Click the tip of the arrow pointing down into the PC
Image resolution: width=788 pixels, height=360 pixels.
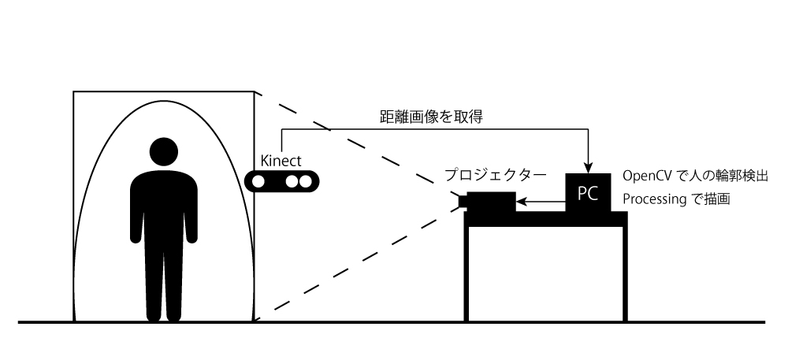tap(588, 173)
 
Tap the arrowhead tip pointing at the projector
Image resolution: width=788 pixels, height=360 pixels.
tap(517, 202)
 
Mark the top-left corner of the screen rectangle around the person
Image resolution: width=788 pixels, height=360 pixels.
tap(73, 91)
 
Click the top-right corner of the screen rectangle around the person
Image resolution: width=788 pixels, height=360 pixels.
tap(255, 91)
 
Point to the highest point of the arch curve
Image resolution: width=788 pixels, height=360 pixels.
tap(164, 101)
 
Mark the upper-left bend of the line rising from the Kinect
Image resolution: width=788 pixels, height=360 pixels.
tap(281, 129)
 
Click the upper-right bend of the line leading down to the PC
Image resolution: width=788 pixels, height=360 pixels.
tap(588, 129)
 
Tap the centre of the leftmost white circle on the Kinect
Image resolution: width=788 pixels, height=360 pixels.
tap(258, 181)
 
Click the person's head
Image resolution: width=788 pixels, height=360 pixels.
tap(164, 151)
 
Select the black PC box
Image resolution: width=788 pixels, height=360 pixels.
tap(588, 193)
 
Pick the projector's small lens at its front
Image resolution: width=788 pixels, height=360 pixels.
tap(463, 201)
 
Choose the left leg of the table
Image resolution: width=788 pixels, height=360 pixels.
tap(466, 273)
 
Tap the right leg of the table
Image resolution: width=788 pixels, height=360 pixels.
tap(625, 273)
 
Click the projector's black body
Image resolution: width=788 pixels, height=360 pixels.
tap(491, 202)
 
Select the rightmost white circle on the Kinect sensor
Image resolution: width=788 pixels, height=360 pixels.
tap(306, 181)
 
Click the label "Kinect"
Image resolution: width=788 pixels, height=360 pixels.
tap(281, 161)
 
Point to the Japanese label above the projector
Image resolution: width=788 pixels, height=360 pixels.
tap(495, 175)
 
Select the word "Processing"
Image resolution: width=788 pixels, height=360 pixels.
tap(654, 199)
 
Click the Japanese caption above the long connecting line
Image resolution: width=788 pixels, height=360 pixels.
tap(431, 117)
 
